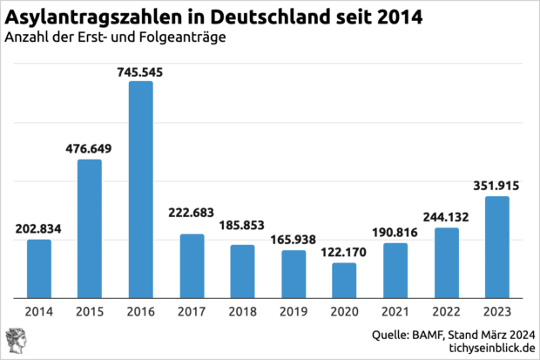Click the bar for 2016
pos(141,188)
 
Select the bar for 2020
pos(345,279)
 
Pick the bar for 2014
pos(39,268)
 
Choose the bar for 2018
pos(243,270)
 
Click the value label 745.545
pos(141,71)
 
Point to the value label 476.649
pos(90,149)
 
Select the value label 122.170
pos(345,253)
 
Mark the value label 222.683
pos(192,224)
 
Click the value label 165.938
pos(294,240)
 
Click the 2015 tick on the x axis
pos(90,310)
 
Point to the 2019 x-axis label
pos(294,310)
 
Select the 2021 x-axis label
pos(395,310)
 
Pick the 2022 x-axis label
pos(447,310)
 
